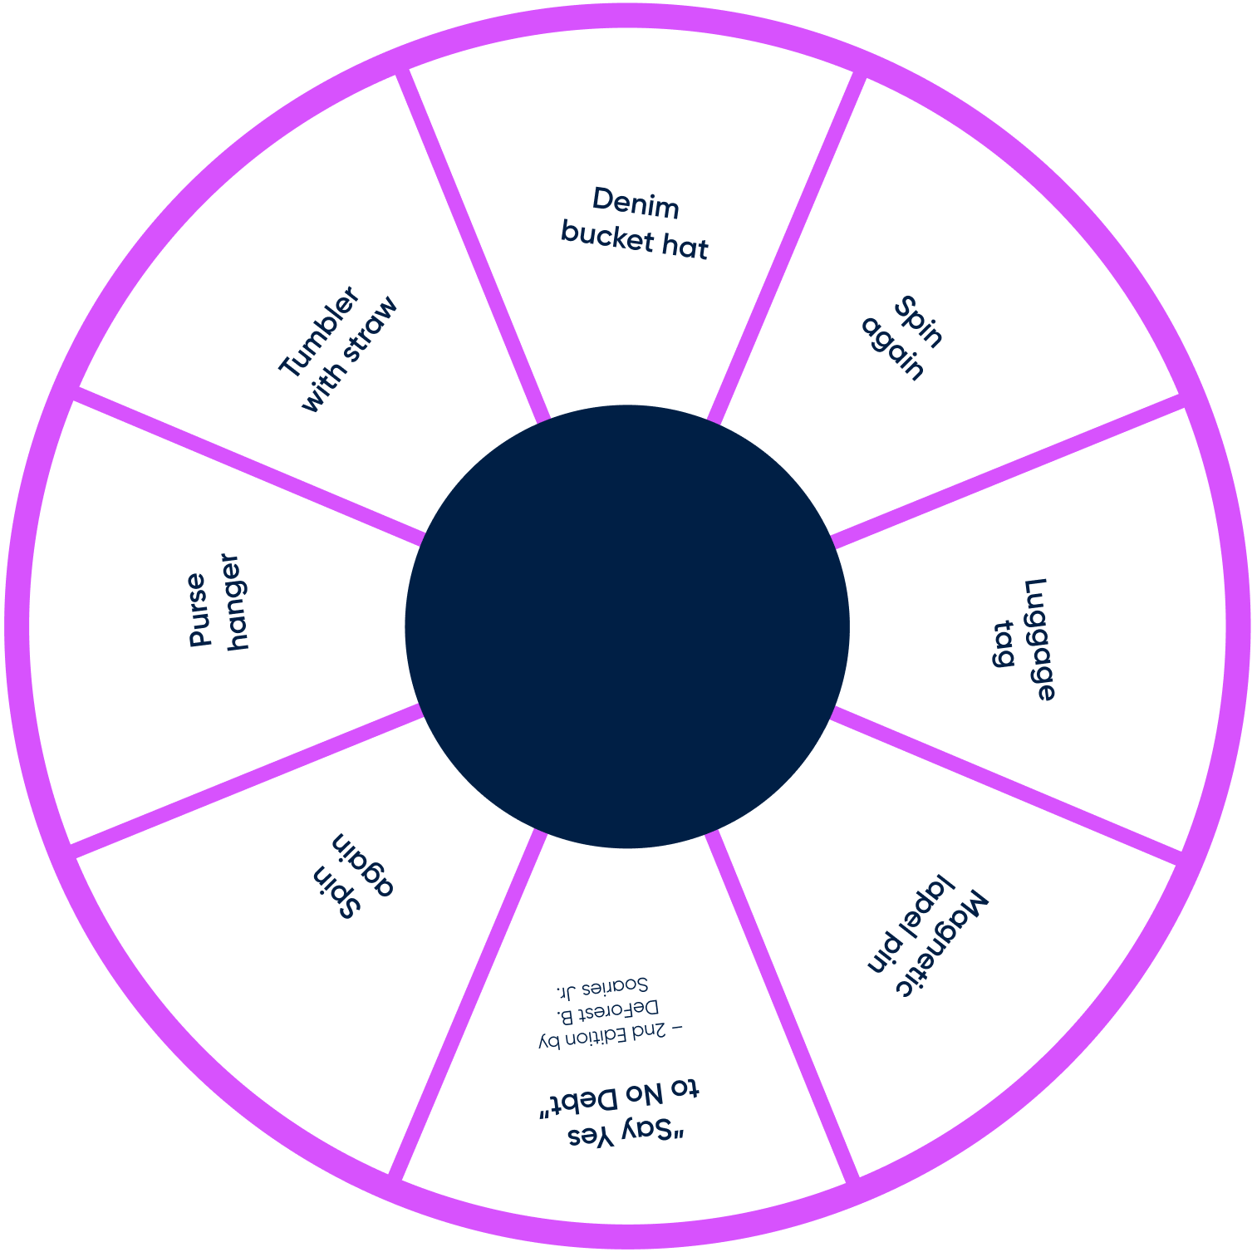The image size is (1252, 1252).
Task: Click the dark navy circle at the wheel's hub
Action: click(626, 626)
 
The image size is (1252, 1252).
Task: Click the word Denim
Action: click(636, 204)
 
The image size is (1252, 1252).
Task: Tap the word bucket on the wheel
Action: click(597, 234)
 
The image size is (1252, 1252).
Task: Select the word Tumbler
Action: click(319, 331)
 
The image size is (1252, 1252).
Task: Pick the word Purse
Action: click(197, 609)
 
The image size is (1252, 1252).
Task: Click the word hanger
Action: click(233, 601)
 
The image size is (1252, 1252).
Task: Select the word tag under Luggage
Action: click(1004, 644)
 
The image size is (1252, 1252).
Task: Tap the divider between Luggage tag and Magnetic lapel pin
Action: click(1005, 781)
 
